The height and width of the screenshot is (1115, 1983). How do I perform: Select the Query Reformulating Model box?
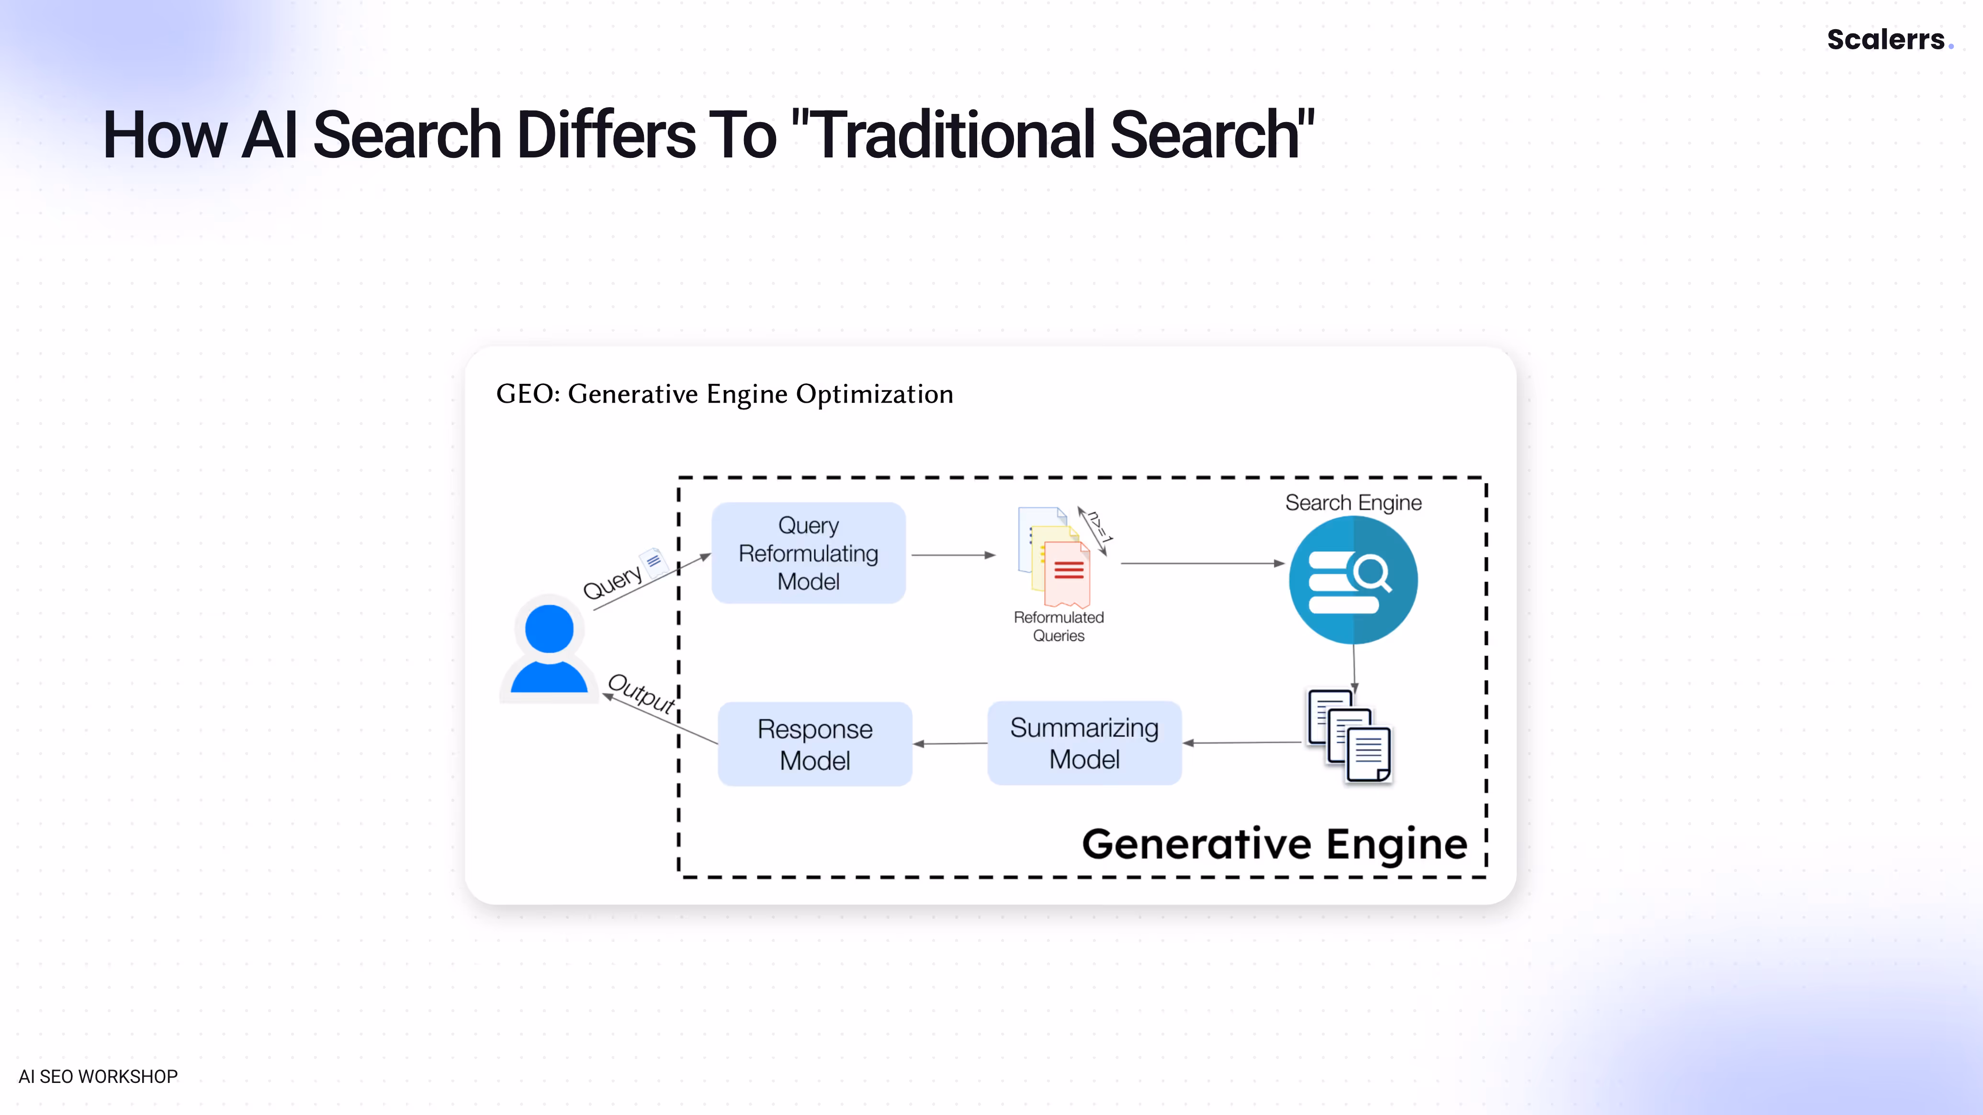point(808,553)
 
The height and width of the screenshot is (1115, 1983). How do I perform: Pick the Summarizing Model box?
point(1084,743)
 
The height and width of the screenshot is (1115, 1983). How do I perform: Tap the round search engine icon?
point(1352,580)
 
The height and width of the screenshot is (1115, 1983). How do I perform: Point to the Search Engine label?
point(1352,502)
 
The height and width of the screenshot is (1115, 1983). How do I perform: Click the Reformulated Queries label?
point(1059,626)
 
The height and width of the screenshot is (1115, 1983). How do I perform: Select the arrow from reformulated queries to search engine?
point(1201,563)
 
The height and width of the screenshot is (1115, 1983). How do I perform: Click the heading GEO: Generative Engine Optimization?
point(724,394)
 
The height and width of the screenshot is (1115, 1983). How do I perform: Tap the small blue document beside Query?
point(654,562)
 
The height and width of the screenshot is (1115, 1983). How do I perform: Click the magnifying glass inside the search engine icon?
point(1373,573)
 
